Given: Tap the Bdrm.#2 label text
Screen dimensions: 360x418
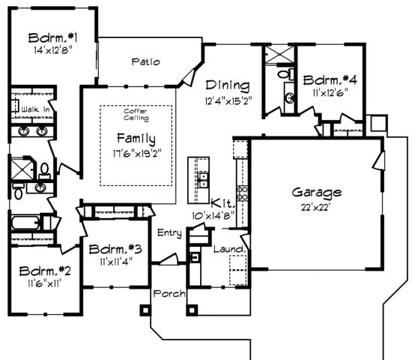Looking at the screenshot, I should (x=44, y=271).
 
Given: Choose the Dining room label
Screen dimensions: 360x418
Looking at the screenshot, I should (x=228, y=85).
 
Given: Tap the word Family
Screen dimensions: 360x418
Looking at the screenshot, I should (x=136, y=139).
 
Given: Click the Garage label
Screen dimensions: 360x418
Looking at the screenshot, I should (x=317, y=193).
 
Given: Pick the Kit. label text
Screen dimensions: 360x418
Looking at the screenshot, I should (x=222, y=203).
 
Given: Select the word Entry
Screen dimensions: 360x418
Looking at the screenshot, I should (x=169, y=233).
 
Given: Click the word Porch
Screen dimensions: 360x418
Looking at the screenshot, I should (x=169, y=293).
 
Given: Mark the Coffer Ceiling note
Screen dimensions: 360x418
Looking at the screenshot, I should (x=136, y=115).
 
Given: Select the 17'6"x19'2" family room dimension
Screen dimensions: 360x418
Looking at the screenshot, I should (x=136, y=153).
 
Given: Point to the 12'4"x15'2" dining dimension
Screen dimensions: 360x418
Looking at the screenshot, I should (x=228, y=100).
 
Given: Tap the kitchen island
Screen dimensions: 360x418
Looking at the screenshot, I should (x=200, y=180).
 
